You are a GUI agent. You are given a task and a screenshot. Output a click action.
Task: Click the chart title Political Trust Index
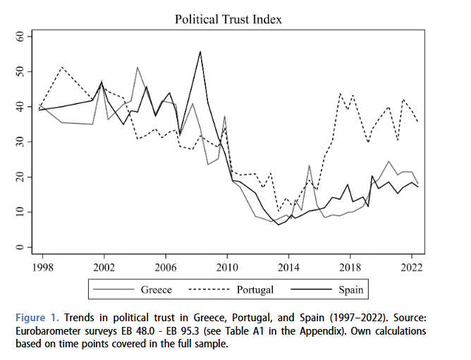228,19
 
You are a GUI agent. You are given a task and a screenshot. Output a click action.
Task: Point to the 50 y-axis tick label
20,72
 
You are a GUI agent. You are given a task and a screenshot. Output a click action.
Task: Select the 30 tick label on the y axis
20,142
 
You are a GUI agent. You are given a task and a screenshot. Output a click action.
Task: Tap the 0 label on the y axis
20,247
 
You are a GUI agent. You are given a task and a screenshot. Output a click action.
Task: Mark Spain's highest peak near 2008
201,51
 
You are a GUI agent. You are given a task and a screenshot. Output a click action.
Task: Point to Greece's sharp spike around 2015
309,166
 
